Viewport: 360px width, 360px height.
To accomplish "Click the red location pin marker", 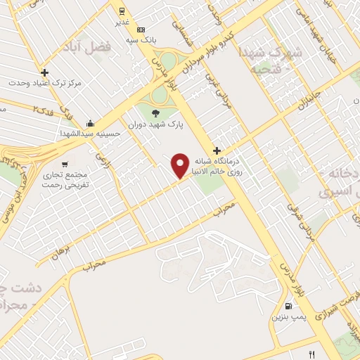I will [x=181, y=165].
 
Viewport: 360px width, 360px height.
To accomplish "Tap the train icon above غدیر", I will [x=122, y=11].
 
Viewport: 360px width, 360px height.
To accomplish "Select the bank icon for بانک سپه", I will [x=141, y=30].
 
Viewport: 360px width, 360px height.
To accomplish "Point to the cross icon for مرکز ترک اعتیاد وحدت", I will [x=44, y=72].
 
